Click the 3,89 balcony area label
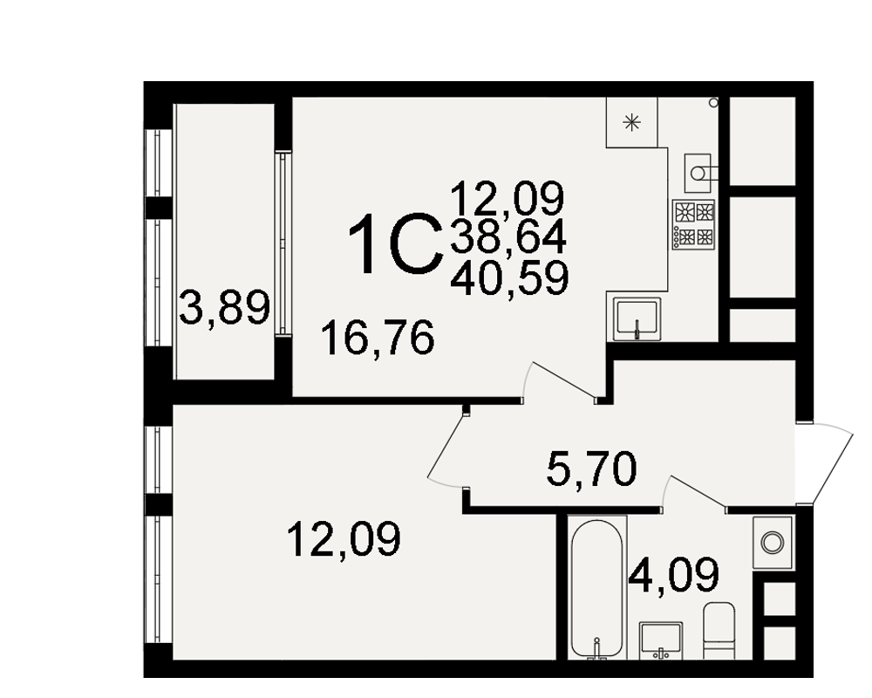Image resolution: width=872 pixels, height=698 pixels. pos(225,308)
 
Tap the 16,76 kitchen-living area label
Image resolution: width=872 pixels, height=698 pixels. pos(378,338)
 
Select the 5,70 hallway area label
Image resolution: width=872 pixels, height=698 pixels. pos(591,469)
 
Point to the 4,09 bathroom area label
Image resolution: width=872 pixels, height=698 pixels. pos(673,576)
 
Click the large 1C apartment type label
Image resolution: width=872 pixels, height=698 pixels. pos(395,245)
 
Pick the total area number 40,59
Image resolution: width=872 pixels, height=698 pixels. pos(509,278)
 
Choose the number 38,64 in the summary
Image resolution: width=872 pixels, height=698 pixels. pos(508,237)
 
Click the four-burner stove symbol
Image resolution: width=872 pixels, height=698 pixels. pos(693,224)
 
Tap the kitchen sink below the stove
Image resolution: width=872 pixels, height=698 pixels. pos(637,319)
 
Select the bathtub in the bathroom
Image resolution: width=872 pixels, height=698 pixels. pos(596,589)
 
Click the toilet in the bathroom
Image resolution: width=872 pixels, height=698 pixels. pos(719,630)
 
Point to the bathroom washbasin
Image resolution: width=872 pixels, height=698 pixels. pos(661,640)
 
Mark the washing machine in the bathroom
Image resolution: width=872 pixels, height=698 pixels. pos(773,542)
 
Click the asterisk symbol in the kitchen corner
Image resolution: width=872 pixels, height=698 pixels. pos(631,122)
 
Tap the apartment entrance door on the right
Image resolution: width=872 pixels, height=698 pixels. pos(825,463)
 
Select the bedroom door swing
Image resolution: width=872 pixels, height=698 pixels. pos(446,448)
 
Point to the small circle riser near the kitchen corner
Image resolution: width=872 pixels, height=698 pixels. pos(713,103)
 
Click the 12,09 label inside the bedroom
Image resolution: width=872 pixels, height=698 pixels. pos(344,539)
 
